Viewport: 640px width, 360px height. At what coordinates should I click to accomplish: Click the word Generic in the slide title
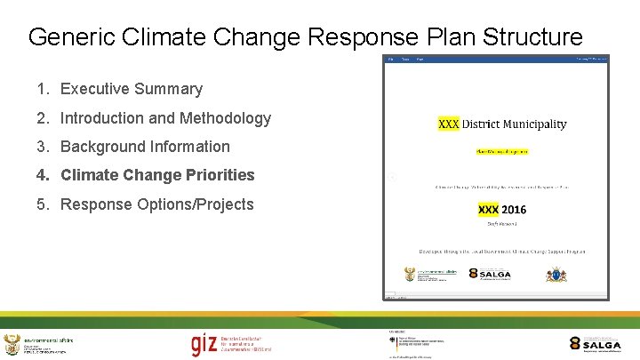tap(68, 37)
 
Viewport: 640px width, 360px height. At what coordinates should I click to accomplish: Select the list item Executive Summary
tap(131, 89)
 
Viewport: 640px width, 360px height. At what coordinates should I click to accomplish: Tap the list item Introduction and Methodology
tap(165, 118)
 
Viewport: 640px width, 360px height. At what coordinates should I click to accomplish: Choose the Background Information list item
tap(145, 147)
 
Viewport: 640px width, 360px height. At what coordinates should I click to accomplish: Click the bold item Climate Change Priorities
tap(157, 175)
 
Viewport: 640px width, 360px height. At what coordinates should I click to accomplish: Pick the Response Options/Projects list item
tap(156, 204)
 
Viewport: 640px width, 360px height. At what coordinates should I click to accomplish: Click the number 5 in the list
tap(42, 204)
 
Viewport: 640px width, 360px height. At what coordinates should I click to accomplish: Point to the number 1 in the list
tap(42, 89)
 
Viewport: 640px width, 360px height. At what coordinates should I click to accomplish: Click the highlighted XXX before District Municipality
tap(449, 124)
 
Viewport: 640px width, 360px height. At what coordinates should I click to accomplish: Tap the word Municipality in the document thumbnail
tap(536, 124)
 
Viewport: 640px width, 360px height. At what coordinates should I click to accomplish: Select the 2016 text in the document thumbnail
tap(513, 210)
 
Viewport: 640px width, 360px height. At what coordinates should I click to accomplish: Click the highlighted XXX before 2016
tap(488, 210)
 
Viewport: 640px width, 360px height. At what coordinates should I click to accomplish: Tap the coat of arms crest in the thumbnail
tap(556, 275)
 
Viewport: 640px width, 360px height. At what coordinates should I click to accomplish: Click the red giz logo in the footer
tap(203, 344)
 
